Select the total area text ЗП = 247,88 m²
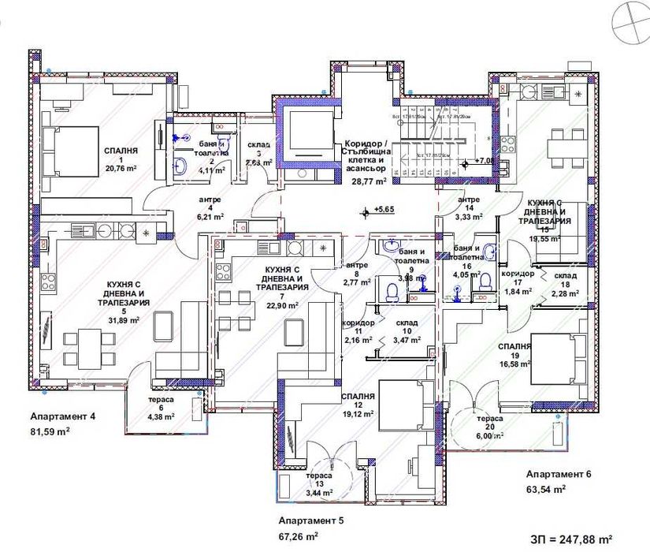tap(571, 539)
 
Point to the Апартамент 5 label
tap(311, 521)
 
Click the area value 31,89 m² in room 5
tap(123, 320)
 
